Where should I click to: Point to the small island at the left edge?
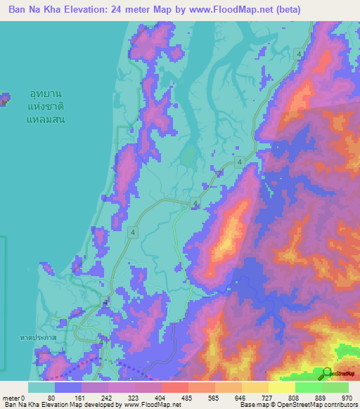[4, 99]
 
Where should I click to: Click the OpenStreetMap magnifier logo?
[327, 373]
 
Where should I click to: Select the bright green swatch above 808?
[308, 387]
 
